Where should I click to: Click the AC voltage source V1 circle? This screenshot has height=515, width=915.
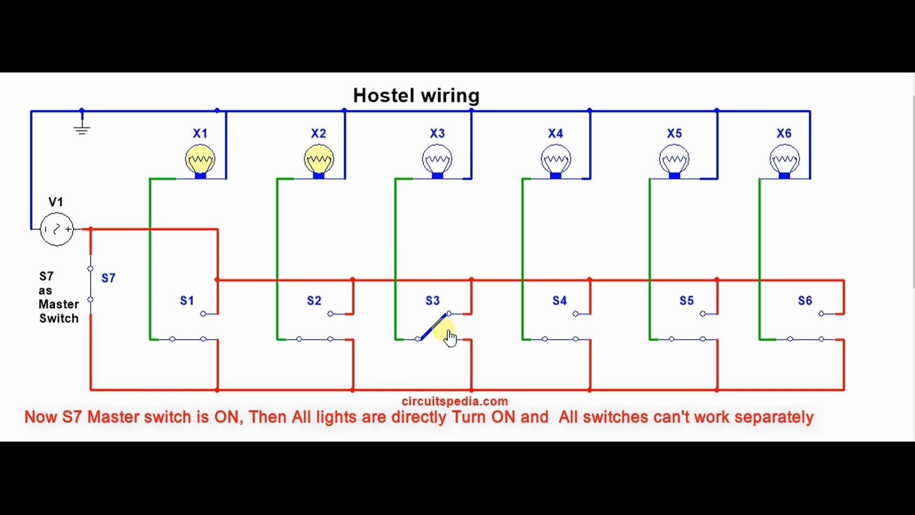tap(57, 229)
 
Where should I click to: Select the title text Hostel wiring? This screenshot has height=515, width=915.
tap(416, 95)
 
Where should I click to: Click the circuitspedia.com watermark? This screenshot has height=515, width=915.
tap(455, 401)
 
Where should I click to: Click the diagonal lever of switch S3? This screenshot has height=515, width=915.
tap(434, 326)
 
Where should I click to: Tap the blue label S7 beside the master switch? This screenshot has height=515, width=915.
tap(108, 278)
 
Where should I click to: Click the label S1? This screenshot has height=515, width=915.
tap(187, 301)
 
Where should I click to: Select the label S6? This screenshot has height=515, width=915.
tap(805, 301)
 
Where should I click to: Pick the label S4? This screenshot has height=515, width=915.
tap(559, 301)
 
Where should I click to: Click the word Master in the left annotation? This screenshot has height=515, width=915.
tap(59, 304)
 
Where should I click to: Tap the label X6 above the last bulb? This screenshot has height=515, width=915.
tap(784, 134)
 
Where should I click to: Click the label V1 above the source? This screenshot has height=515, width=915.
tap(56, 202)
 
